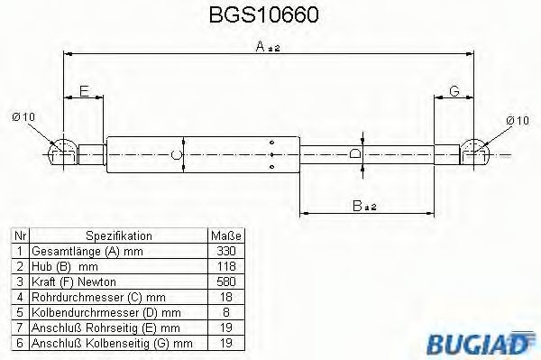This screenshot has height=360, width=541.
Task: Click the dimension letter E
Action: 84,91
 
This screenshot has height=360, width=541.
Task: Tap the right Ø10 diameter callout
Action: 517,120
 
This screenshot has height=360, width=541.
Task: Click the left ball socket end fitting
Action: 64,152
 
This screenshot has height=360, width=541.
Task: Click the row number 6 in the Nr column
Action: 18,342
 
